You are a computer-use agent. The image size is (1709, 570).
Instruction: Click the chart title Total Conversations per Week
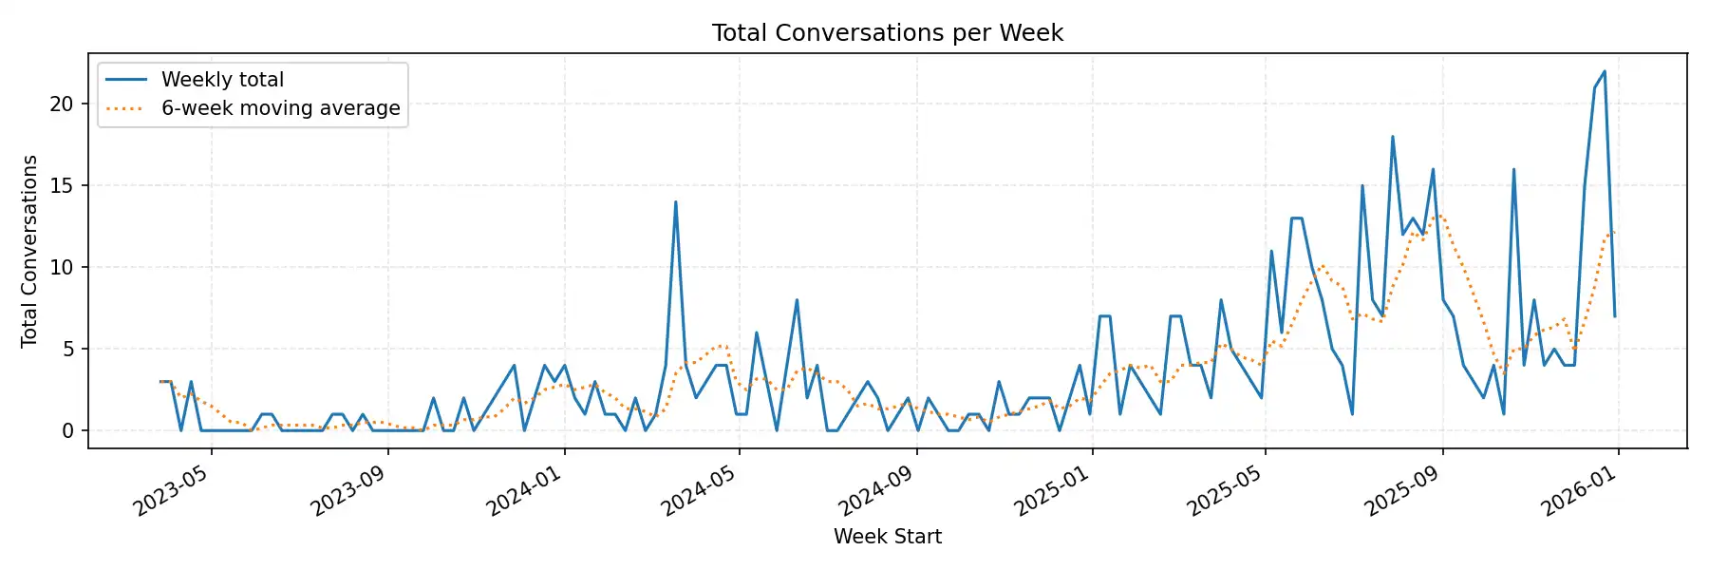coord(887,33)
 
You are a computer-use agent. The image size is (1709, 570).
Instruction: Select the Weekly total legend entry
coord(222,80)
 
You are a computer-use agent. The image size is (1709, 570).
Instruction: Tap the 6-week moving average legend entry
coord(280,108)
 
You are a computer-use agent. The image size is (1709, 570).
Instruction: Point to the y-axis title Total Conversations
coord(29,251)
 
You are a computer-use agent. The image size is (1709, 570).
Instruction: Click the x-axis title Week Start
coord(887,537)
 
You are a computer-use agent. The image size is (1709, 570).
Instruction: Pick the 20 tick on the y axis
coord(62,104)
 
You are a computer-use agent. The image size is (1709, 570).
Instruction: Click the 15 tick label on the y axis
coord(62,186)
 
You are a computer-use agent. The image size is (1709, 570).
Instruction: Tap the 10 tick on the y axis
coord(62,268)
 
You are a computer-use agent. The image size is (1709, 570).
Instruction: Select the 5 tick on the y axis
coord(67,350)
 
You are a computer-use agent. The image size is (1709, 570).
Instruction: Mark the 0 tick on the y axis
coord(67,431)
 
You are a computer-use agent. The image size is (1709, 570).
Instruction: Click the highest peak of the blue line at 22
coord(1605,71)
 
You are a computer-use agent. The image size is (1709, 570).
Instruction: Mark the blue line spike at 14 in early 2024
coord(675,202)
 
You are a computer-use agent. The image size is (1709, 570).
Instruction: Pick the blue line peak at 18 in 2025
coord(1393,137)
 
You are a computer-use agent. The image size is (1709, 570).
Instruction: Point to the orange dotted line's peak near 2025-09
coord(1440,215)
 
